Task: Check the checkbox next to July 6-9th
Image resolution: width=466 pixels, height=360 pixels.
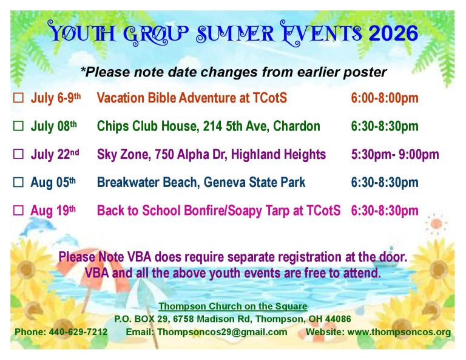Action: tap(18, 98)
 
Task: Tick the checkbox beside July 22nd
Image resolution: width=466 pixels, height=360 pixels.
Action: tap(18, 154)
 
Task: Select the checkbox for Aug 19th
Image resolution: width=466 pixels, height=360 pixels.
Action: tap(18, 210)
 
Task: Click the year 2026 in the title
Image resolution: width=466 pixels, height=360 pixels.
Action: tap(393, 33)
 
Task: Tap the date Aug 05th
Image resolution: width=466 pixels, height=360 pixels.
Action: tap(53, 182)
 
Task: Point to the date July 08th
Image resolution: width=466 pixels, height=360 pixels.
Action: tap(54, 126)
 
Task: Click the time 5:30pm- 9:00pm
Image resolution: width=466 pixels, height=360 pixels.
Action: tap(395, 154)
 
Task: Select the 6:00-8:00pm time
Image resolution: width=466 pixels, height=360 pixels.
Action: tap(385, 98)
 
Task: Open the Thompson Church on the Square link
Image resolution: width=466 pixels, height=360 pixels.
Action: tap(233, 306)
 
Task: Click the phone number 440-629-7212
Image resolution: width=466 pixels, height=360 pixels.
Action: tap(78, 331)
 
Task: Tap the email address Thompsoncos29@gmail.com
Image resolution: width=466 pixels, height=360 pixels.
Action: tap(222, 331)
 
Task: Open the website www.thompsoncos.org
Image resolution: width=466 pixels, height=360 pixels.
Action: tap(399, 331)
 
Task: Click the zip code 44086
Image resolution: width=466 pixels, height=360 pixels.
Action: tap(338, 319)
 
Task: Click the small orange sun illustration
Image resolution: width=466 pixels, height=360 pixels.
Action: tap(436, 223)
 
